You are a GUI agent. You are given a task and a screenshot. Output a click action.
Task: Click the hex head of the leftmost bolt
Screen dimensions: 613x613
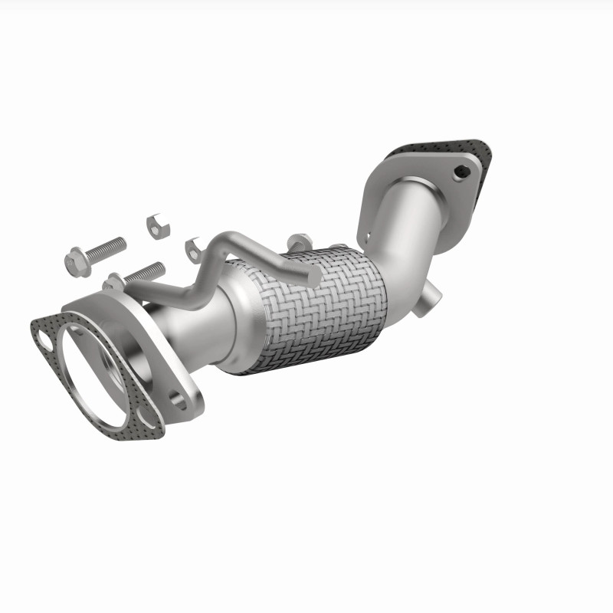pos(76,263)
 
